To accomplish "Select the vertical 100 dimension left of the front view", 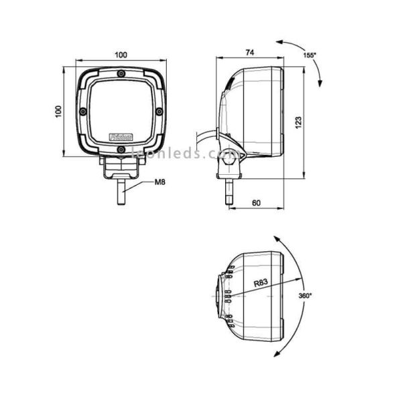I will pyautogui.click(x=58, y=111).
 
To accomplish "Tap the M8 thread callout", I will pyautogui.click(x=160, y=182).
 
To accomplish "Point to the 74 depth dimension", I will pyautogui.click(x=249, y=52).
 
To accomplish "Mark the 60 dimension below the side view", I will pyautogui.click(x=256, y=202).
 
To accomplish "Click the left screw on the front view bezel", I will pyautogui.click(x=82, y=111).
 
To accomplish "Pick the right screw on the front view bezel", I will pyautogui.click(x=159, y=111).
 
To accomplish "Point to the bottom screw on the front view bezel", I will pyautogui.click(x=121, y=149).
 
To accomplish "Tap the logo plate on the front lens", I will pyautogui.click(x=121, y=136).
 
